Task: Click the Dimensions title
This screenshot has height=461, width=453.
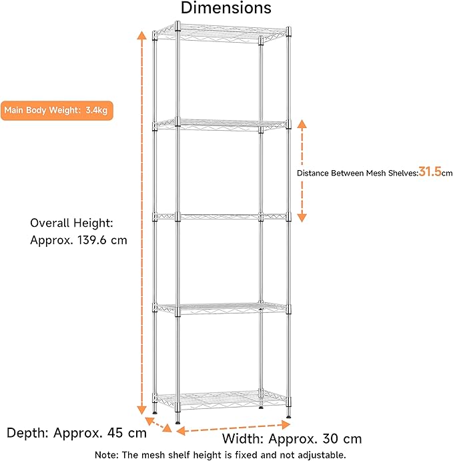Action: coord(226,9)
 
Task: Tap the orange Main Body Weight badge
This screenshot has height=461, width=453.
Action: coord(56,110)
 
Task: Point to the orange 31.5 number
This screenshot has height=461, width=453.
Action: coord(430,172)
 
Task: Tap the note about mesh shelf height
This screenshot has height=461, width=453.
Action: coord(221,455)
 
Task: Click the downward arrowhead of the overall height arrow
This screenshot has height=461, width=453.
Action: coord(141,408)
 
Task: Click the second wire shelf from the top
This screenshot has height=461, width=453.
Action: coord(220,123)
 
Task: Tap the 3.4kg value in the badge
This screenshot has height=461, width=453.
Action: coord(96,110)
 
